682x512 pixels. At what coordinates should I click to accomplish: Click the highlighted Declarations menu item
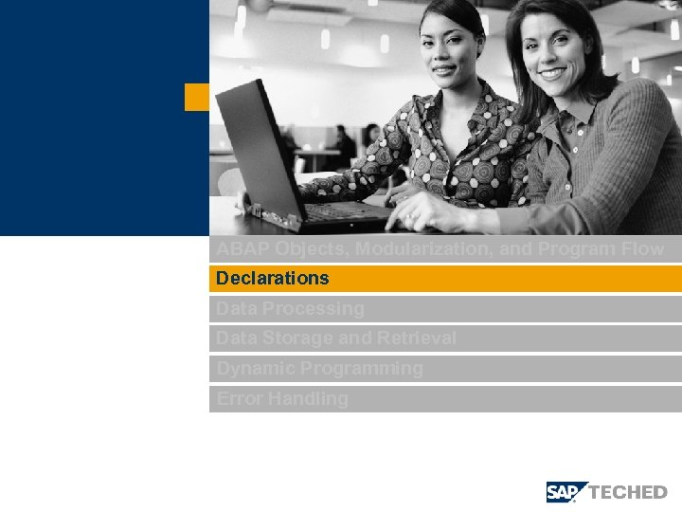273,279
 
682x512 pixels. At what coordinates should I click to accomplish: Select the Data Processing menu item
290,309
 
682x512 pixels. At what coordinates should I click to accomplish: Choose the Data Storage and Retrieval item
336,338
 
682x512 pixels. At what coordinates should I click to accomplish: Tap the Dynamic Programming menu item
320,369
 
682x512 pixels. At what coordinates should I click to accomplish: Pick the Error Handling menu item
282,399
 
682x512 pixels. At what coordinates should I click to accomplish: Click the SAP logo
566,492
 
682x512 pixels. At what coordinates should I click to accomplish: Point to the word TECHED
628,492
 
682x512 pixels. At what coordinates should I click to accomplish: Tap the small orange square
196,97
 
